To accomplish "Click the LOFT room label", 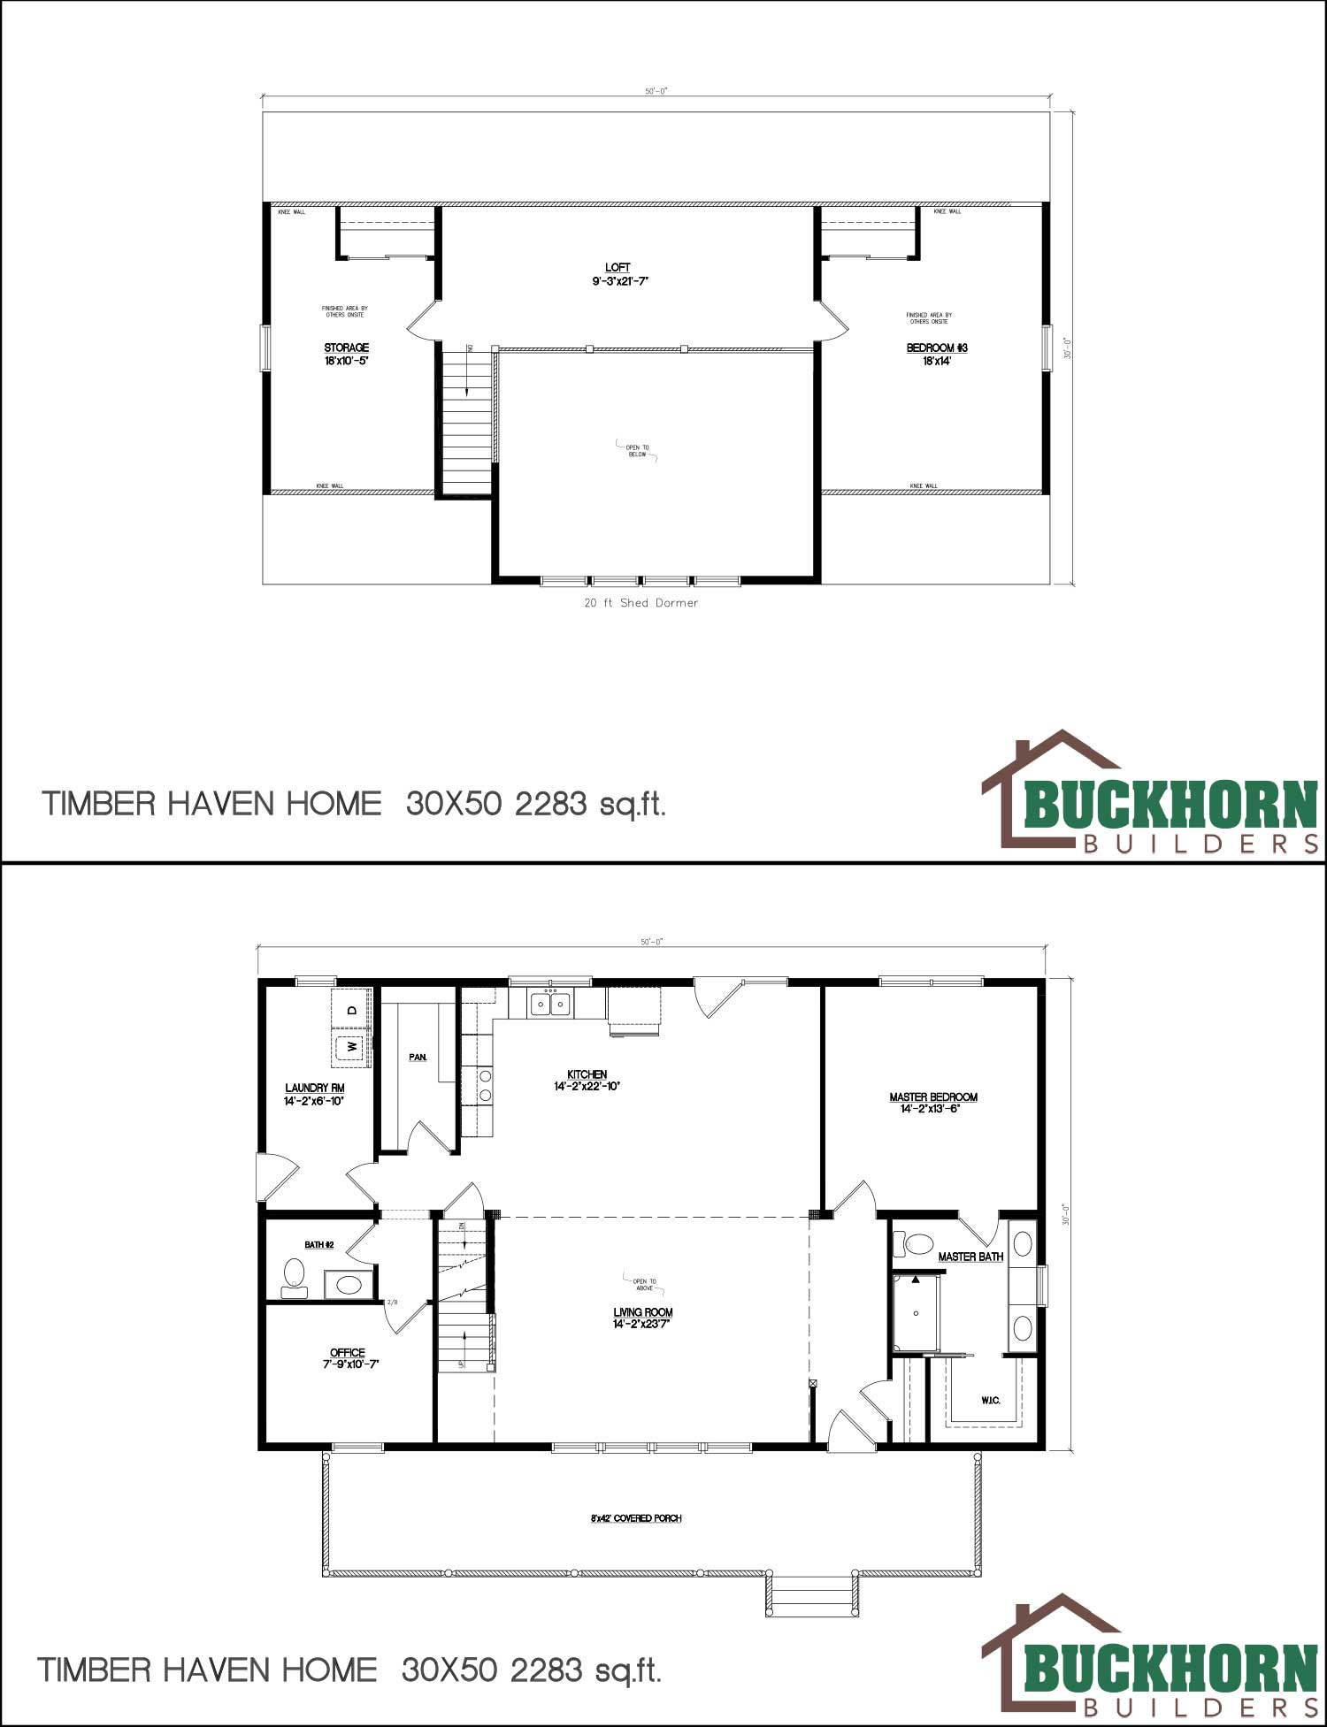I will point(617,268).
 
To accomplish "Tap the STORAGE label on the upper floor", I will point(346,348).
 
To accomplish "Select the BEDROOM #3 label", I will point(936,348).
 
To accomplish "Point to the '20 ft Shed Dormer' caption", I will point(640,603).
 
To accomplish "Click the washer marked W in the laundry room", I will point(351,1048).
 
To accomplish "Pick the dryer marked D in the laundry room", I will point(350,1010).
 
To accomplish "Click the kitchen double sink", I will point(550,1004).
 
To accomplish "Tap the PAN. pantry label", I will point(418,1058).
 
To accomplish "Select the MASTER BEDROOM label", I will point(933,1097).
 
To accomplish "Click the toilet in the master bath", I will point(916,1245).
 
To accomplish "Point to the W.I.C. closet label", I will point(990,1401).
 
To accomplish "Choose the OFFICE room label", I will point(347,1353).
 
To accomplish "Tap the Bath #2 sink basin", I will point(349,1284).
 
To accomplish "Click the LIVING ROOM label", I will point(643,1312).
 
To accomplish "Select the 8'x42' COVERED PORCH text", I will point(635,1518).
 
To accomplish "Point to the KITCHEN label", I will point(587,1074).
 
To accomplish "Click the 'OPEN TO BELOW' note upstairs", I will point(637,451).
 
